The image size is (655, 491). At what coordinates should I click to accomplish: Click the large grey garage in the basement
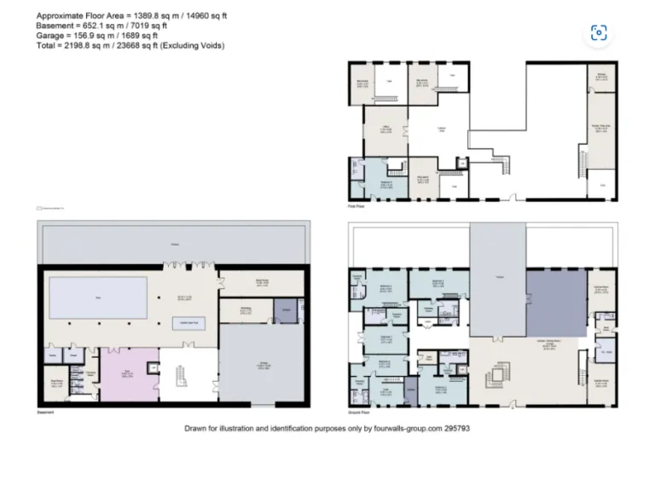pos(264,366)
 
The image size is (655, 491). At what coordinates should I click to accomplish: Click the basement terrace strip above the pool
pos(173,245)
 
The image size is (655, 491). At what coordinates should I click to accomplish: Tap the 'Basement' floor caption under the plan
pos(46,413)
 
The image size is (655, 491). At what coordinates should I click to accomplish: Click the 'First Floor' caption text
pos(356,205)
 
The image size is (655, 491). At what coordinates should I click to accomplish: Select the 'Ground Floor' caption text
pos(359,413)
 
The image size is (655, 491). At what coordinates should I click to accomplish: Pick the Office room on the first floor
pos(385,130)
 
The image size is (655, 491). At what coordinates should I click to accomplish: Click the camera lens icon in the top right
pos(599,32)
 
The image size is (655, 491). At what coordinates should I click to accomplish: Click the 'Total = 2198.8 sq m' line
pos(129,46)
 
